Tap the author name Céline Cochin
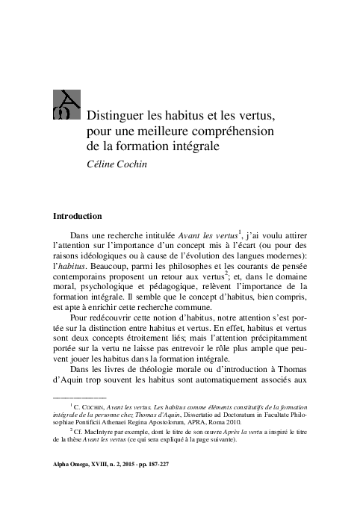click(x=120, y=164)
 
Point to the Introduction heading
click(x=87, y=217)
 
